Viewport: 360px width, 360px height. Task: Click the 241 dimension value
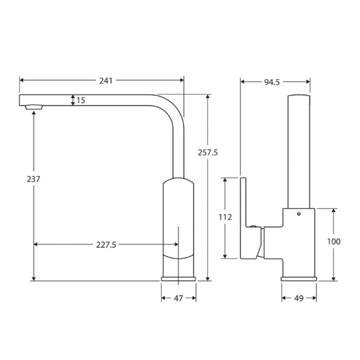tap(105, 80)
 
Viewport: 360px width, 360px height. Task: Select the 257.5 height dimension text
tap(207, 152)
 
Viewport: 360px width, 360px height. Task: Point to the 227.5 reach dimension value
tap(107, 244)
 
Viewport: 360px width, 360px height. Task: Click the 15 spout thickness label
tap(81, 100)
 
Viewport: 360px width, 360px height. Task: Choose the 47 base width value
tap(178, 298)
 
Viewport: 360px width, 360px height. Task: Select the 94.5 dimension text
tap(271, 82)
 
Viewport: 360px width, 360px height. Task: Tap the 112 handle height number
tap(225, 217)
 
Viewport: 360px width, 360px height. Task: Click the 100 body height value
tap(334, 241)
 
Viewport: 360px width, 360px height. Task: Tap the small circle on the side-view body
tap(298, 214)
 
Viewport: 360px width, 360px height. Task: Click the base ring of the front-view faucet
tap(179, 277)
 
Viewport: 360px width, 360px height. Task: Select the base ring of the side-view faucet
tap(299, 277)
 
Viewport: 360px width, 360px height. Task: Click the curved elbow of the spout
tap(171, 106)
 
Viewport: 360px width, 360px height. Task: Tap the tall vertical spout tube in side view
tap(299, 151)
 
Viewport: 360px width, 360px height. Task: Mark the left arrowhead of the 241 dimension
tap(22, 80)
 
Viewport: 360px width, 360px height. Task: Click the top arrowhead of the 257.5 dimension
tap(208, 97)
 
